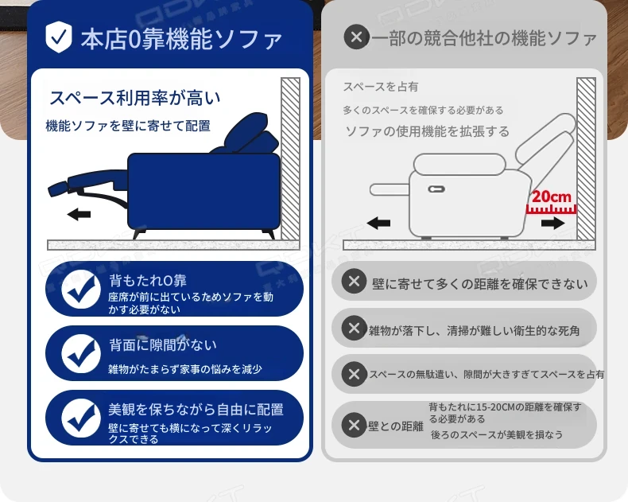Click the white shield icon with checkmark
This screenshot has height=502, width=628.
[x=59, y=37]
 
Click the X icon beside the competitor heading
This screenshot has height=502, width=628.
[x=356, y=37]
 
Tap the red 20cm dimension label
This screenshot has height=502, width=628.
[x=551, y=197]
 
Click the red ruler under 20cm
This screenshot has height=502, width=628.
[x=551, y=209]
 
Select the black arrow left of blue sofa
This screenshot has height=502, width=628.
[x=79, y=215]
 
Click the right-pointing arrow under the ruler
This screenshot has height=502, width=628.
[x=552, y=223]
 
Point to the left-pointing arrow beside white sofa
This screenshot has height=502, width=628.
[x=378, y=223]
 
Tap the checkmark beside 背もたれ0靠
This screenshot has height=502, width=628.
[x=81, y=289]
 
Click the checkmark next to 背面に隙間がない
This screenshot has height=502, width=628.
[x=81, y=353]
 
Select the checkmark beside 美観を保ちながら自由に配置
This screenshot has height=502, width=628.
[x=81, y=418]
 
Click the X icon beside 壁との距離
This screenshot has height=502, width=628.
[x=354, y=425]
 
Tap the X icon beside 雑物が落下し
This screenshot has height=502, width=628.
[x=354, y=328]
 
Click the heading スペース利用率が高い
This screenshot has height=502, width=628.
[x=134, y=98]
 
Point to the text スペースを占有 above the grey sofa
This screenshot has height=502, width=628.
[x=381, y=87]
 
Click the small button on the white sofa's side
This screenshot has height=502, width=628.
[x=436, y=189]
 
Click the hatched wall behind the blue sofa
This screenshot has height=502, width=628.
[x=290, y=159]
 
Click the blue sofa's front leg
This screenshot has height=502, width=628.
[x=139, y=233]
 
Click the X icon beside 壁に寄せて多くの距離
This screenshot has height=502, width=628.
[x=354, y=281]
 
